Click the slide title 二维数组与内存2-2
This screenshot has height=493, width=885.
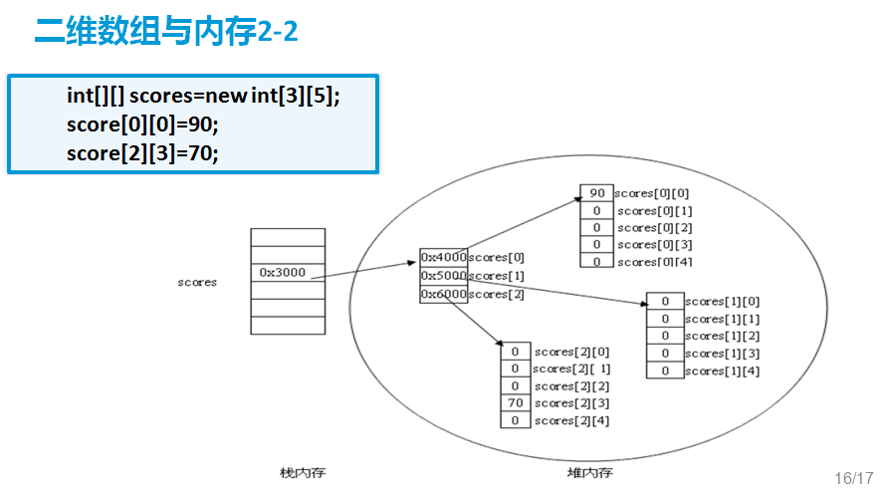[x=166, y=32]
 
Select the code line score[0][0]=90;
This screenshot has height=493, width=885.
[x=142, y=125]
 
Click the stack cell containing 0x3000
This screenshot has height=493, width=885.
[x=287, y=272]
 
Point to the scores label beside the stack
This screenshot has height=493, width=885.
[x=197, y=282]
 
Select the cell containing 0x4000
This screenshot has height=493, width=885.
[x=443, y=257]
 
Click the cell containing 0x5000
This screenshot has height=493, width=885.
[x=443, y=275]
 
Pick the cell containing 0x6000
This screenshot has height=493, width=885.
[x=443, y=294]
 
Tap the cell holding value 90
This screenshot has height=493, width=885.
[x=597, y=193]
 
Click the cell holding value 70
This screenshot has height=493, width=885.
[x=516, y=402]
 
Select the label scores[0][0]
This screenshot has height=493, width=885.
[x=652, y=193]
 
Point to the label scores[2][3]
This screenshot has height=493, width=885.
[x=571, y=403]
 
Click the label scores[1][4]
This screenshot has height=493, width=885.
[x=722, y=370]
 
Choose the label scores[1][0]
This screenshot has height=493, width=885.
[x=722, y=301]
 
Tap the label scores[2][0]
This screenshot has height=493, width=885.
[x=571, y=352]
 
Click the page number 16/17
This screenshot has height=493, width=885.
[x=853, y=477]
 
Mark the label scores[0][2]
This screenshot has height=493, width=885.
[x=654, y=228]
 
